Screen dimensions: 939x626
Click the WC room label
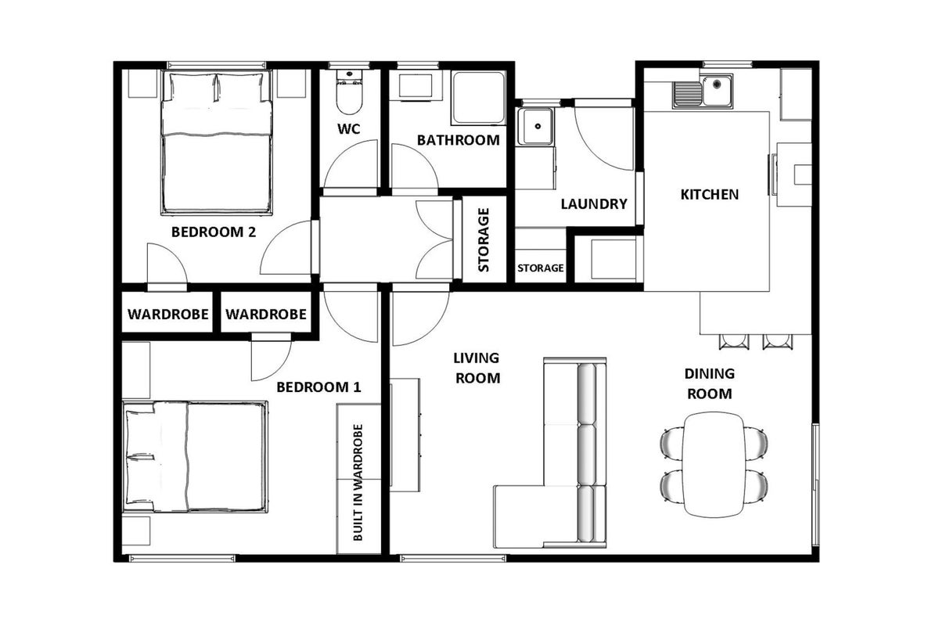click(x=349, y=129)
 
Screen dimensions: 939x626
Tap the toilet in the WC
click(x=349, y=92)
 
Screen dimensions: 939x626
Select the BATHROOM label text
click(x=459, y=140)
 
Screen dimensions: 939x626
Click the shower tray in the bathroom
click(x=478, y=98)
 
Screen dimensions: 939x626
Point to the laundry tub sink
click(x=535, y=126)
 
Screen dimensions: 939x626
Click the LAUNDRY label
click(x=594, y=204)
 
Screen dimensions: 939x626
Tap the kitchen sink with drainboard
click(x=703, y=92)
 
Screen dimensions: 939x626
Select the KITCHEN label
click(x=709, y=195)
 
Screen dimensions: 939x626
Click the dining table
click(x=714, y=464)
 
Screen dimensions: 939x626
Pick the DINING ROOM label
click(x=709, y=383)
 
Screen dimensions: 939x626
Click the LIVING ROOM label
click(x=477, y=368)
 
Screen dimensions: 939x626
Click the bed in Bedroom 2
click(x=217, y=142)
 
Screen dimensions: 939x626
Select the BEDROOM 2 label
click(x=214, y=232)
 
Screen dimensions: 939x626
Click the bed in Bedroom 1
click(x=196, y=457)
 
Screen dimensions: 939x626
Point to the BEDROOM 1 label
click(x=318, y=387)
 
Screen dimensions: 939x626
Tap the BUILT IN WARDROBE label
click(x=358, y=483)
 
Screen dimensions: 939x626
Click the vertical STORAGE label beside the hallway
click(x=484, y=239)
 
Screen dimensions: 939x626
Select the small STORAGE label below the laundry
click(x=541, y=268)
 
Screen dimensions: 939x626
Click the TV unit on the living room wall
click(x=405, y=435)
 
